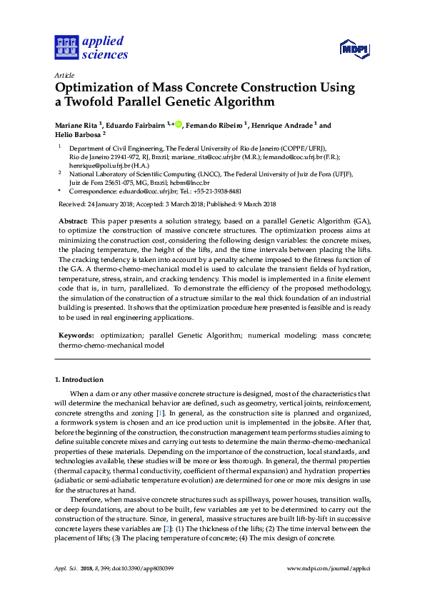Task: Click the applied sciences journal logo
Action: click(91, 47)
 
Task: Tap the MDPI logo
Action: click(353, 47)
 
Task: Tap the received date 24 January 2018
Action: click(111, 204)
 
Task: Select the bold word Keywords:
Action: click(76, 335)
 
